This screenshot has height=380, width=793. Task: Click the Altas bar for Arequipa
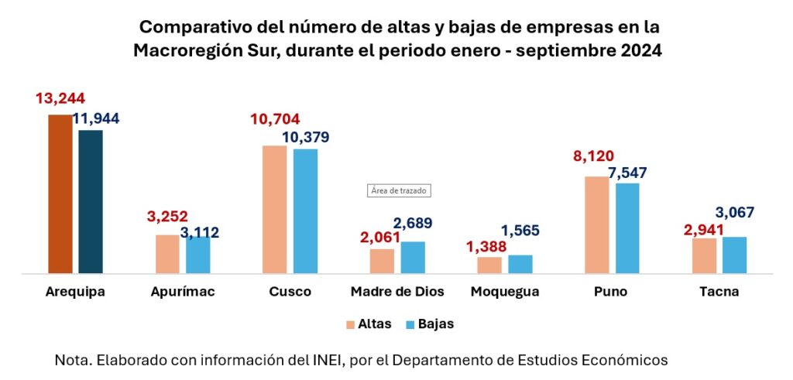(x=60, y=193)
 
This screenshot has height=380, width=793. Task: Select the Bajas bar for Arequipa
(x=90, y=201)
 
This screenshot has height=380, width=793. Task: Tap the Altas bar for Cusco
(x=274, y=209)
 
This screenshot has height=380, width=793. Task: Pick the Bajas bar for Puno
(x=627, y=228)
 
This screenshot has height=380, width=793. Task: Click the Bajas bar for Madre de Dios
(x=413, y=258)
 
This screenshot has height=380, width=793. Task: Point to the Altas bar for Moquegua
(x=489, y=265)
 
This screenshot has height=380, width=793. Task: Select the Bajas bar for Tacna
(x=734, y=255)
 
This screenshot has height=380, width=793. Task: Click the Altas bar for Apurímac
(x=167, y=254)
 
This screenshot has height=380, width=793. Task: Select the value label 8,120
(x=592, y=157)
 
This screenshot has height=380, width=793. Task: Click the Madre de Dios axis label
(x=397, y=293)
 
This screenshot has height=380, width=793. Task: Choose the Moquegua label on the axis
(x=504, y=293)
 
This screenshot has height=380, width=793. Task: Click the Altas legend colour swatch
(x=350, y=324)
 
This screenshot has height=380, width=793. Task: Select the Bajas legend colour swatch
(x=410, y=324)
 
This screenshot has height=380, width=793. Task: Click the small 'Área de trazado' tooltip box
(x=398, y=190)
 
